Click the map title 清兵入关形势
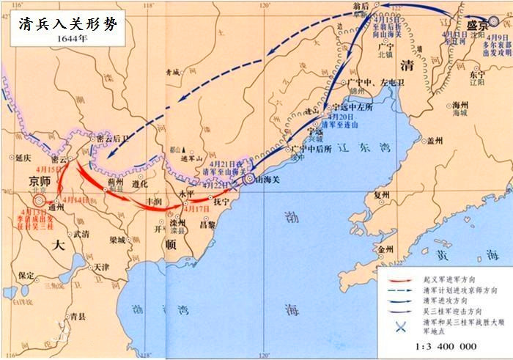(x=66, y=23)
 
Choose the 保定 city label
(x=27, y=276)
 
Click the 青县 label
(x=79, y=317)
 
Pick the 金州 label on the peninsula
(x=385, y=249)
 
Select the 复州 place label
(x=382, y=195)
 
